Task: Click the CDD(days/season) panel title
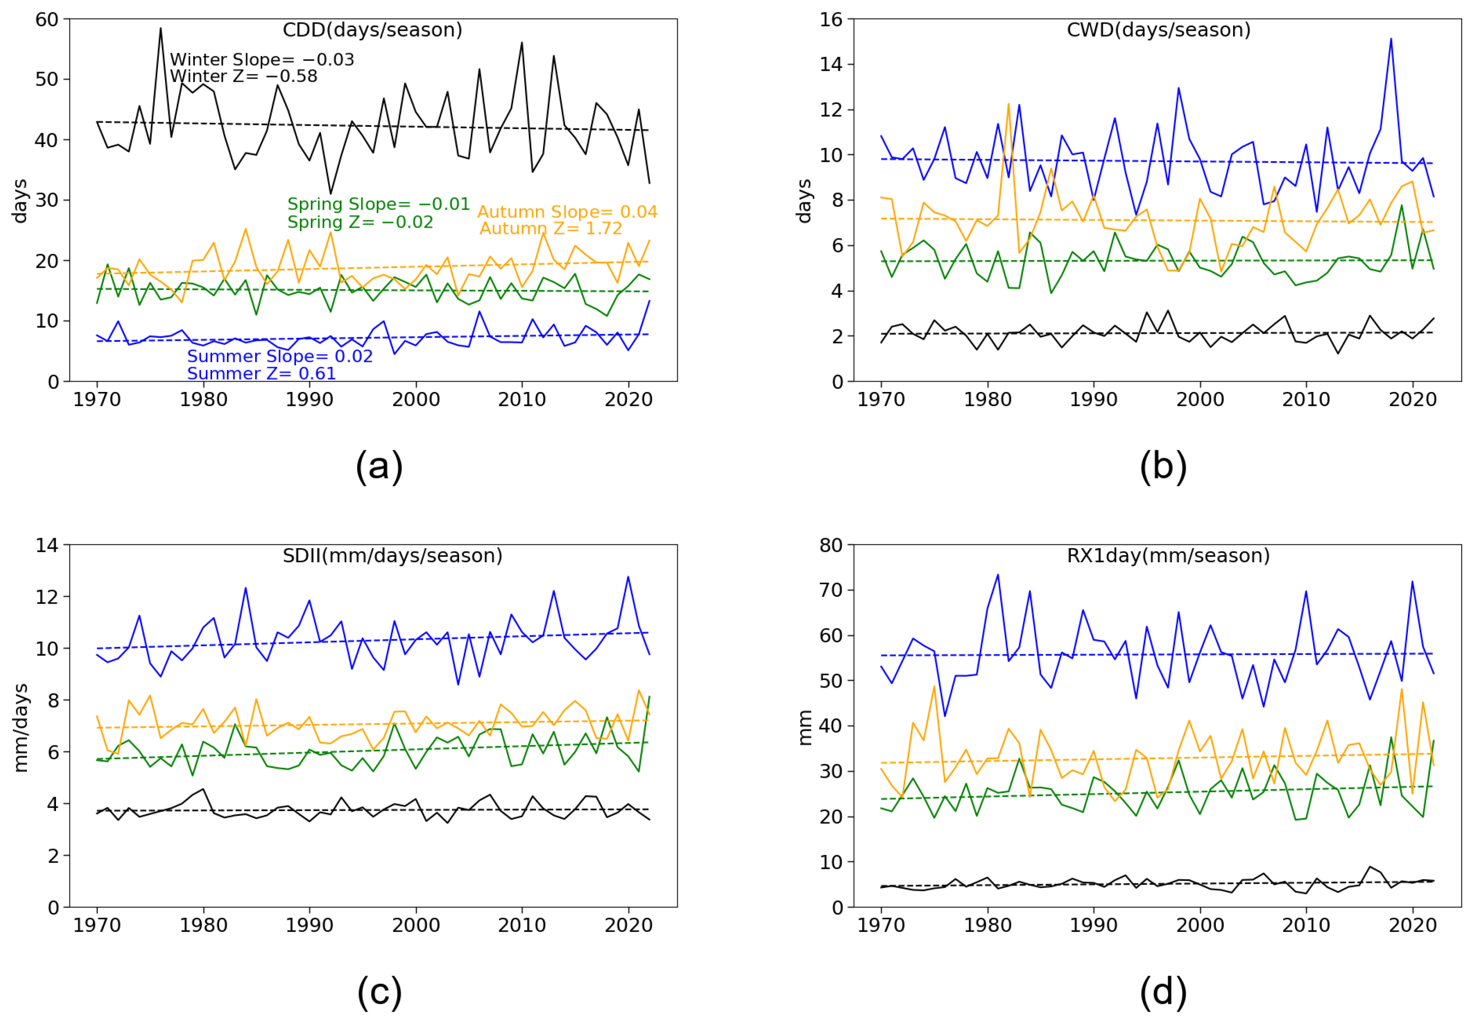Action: coord(372,30)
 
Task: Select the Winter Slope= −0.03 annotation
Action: coord(262,60)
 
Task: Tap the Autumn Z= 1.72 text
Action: coord(551,229)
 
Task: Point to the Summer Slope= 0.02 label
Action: coord(280,356)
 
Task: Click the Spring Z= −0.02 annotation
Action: coord(360,222)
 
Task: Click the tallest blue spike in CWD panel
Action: coord(1391,39)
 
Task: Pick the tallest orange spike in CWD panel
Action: coord(1009,104)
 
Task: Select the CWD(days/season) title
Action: coord(1158,30)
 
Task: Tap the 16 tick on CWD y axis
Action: coord(831,20)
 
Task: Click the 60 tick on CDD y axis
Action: coord(47,20)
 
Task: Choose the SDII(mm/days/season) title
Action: coord(392,555)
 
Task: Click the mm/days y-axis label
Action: coord(21,727)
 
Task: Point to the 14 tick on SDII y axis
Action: coord(47,546)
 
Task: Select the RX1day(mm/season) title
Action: coord(1168,555)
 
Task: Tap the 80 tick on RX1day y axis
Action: coord(831,546)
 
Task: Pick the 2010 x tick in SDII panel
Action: coord(522,925)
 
